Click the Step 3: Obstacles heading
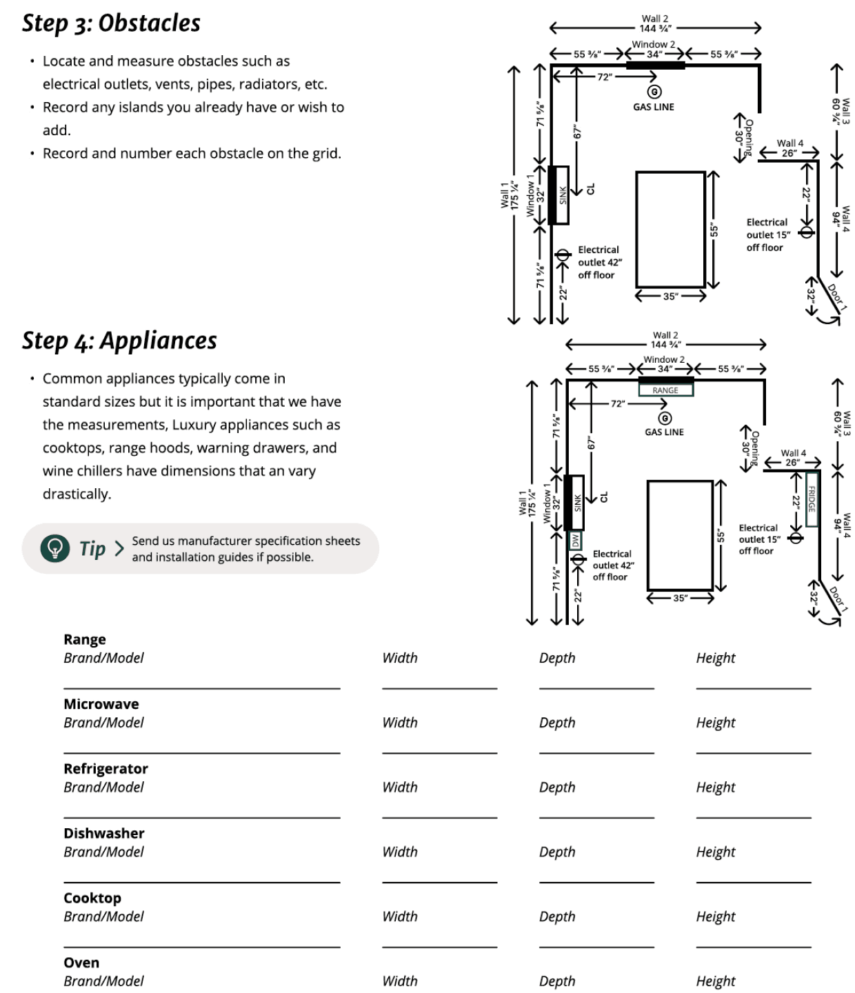(111, 23)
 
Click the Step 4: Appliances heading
(119, 341)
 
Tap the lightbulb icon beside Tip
(54, 548)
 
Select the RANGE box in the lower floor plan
(665, 390)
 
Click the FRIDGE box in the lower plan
(812, 499)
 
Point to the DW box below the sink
(575, 541)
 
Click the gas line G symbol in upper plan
(654, 91)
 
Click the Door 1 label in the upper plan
(836, 297)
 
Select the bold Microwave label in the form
(101, 704)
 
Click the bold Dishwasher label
(104, 833)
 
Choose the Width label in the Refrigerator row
(400, 787)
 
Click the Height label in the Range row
(715, 658)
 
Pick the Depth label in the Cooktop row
(556, 916)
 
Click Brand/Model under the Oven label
(103, 981)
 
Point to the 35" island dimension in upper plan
(670, 296)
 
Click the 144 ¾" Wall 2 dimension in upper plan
(655, 28)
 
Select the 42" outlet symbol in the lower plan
(578, 559)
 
